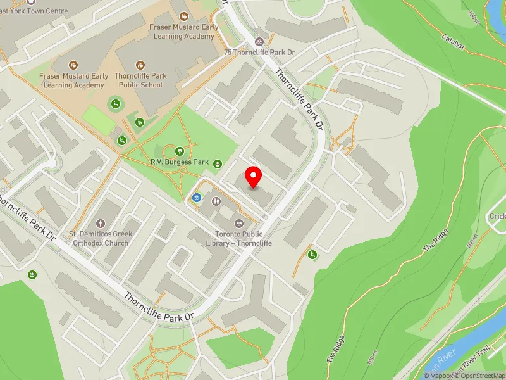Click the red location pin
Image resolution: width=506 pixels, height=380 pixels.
[x=254, y=177]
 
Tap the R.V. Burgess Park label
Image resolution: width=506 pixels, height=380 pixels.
[x=180, y=162]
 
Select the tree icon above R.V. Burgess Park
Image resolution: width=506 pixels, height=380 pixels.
[x=180, y=151]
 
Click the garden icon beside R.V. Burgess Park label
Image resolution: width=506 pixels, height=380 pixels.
[x=218, y=164]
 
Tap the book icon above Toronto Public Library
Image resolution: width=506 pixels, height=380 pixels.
[x=238, y=223]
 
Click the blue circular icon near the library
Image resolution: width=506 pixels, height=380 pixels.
[x=197, y=199]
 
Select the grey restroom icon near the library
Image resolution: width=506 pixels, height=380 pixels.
[x=216, y=201]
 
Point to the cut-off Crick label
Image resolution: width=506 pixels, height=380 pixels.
[x=497, y=217]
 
